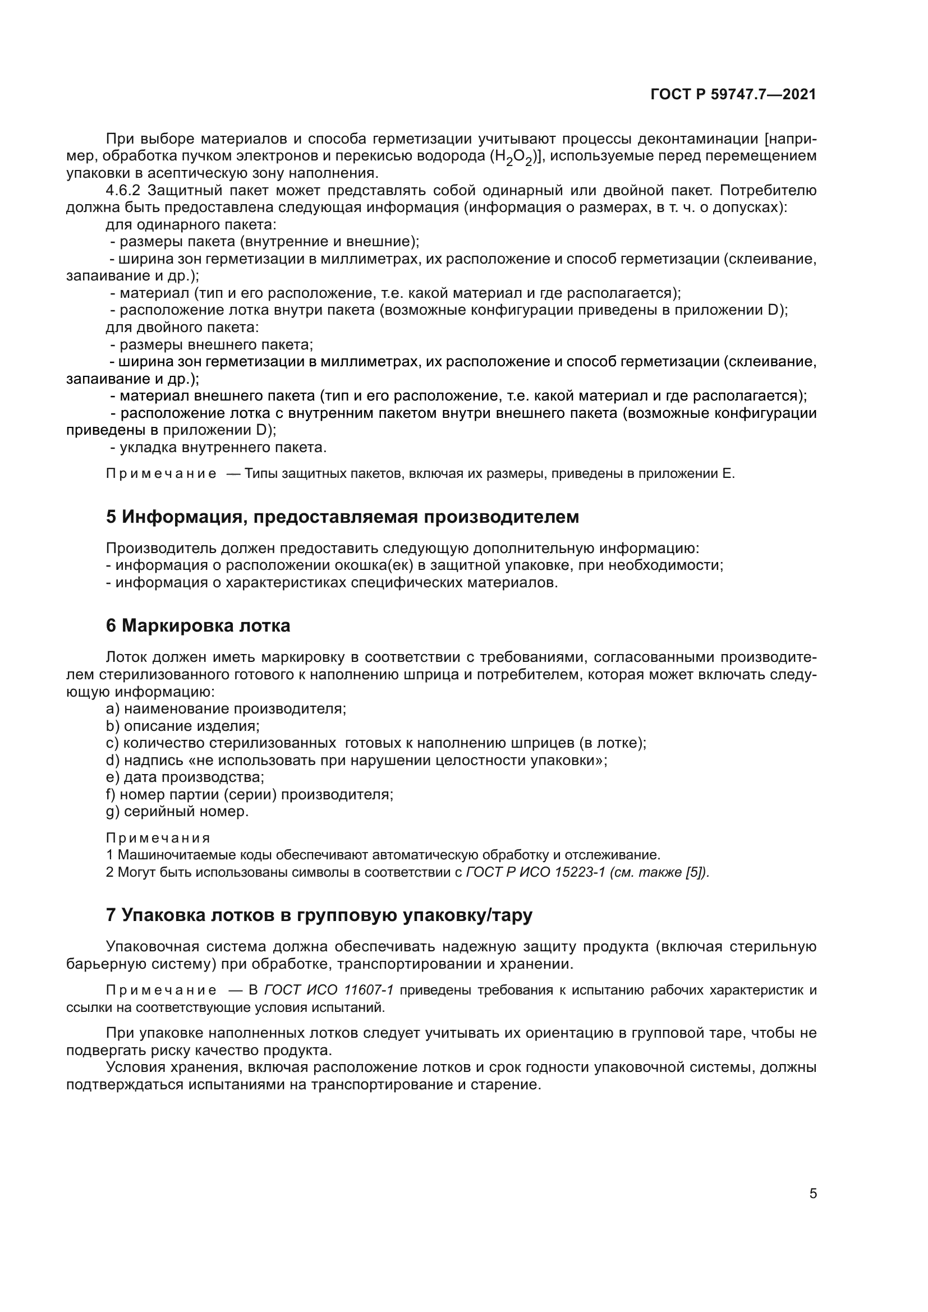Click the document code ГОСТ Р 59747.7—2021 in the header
coord(733,95)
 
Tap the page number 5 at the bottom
coord(813,1194)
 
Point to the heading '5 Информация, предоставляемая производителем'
coord(342,517)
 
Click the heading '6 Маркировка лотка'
coord(197,626)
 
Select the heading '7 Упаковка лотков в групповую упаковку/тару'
coord(319,915)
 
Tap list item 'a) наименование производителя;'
coord(226,708)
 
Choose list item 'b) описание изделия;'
coord(183,726)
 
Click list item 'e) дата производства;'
coord(185,777)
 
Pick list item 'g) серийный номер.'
coord(177,812)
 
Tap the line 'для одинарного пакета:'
coord(191,224)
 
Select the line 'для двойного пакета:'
coord(182,328)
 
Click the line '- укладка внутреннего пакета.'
coord(218,448)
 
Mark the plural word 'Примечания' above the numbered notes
coord(158,837)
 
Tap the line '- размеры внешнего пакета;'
coord(212,344)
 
